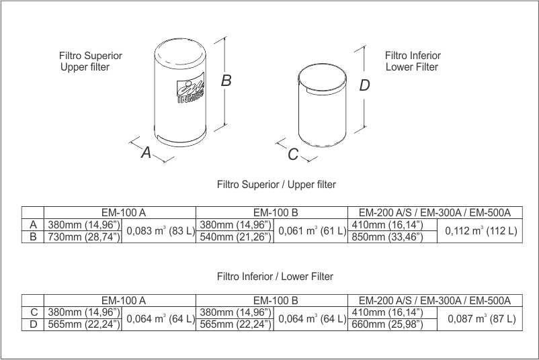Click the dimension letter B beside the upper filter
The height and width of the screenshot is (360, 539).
[226, 81]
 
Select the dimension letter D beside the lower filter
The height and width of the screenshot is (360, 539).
[364, 85]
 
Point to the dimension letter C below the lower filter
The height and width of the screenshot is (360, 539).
[293, 154]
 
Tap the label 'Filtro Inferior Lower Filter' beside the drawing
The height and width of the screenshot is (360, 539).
[412, 61]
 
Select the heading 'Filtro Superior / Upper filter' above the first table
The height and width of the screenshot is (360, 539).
[277, 183]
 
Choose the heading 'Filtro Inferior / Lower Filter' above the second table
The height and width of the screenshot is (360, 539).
[276, 276]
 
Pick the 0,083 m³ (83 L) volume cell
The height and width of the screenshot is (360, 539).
[158, 231]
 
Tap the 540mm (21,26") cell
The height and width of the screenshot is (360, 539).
[235, 237]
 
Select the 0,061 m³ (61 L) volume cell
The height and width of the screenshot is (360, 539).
[311, 231]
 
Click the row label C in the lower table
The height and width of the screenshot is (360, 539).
[33, 312]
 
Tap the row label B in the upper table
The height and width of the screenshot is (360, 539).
[33, 237]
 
